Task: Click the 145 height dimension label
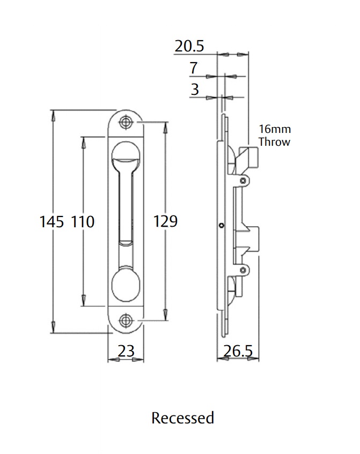point(52,222)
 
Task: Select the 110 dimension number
point(83,222)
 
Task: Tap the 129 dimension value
point(165,221)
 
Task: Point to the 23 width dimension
point(126,351)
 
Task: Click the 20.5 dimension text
point(189,46)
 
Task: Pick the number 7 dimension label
point(194,68)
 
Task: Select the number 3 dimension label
point(195,89)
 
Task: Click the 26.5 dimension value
point(238,351)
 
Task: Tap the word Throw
point(274,142)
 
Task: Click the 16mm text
point(275,129)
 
